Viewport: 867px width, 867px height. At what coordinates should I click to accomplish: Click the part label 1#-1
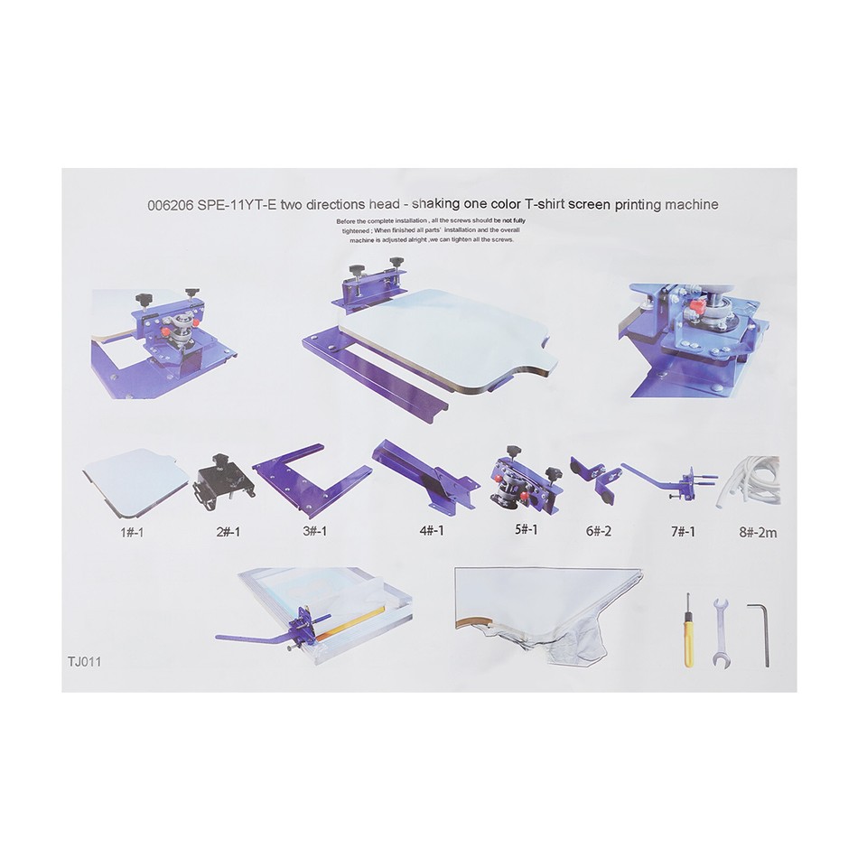click(132, 533)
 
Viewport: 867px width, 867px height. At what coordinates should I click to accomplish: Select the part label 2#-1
click(228, 532)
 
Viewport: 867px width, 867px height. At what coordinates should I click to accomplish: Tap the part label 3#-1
click(314, 531)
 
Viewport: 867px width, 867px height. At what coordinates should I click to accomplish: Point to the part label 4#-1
click(432, 531)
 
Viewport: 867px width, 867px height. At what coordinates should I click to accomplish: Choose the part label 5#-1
click(527, 530)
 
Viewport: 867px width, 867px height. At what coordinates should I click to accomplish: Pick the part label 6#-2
click(598, 531)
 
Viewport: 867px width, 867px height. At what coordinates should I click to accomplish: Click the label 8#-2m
click(758, 533)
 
